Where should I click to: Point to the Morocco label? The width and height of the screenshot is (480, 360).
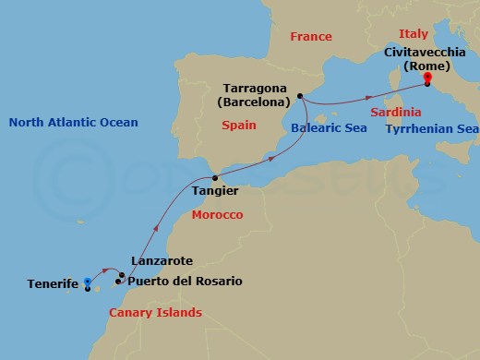point(216,215)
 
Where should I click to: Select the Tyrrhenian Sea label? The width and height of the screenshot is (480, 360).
point(431,129)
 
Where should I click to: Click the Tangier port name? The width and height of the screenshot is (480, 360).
point(214,190)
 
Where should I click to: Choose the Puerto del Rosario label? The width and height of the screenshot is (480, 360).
point(186,281)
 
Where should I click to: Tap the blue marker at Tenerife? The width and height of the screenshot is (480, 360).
point(87,282)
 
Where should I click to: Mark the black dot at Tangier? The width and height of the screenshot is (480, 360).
point(215,177)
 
